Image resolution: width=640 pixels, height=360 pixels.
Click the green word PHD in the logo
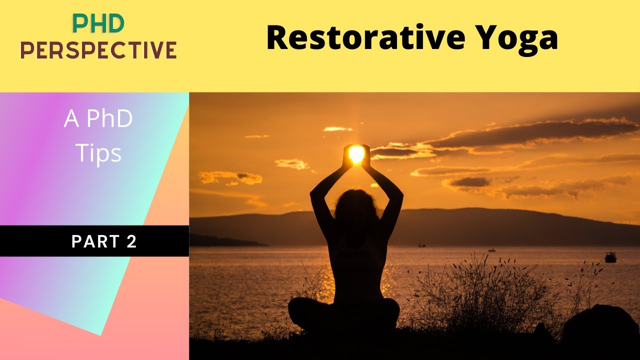click(98, 23)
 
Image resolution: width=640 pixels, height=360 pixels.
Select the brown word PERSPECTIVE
click(98, 50)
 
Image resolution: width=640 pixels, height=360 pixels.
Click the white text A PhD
click(98, 119)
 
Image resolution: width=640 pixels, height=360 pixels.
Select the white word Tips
click(98, 153)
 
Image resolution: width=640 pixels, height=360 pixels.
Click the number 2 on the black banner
click(131, 241)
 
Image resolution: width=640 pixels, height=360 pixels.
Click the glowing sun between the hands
click(356, 153)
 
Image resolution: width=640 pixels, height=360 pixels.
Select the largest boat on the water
click(610, 257)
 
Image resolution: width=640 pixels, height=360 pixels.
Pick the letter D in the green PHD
click(115, 23)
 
